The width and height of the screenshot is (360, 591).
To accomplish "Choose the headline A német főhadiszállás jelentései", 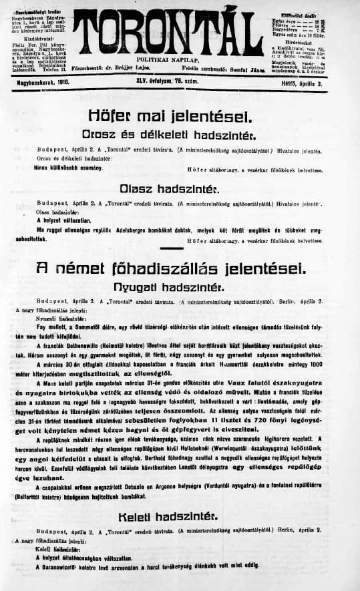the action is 180,268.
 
